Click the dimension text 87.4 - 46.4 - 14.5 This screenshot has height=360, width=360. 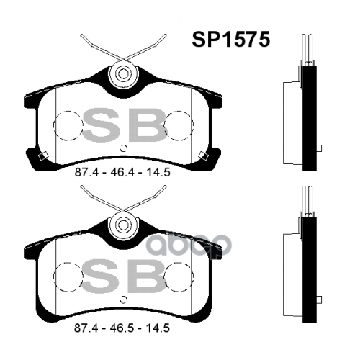pos(122,173)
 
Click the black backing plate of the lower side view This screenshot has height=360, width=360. pos(310,270)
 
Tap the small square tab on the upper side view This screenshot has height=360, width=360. pos(318,148)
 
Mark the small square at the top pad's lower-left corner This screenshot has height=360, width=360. pos(43,156)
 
